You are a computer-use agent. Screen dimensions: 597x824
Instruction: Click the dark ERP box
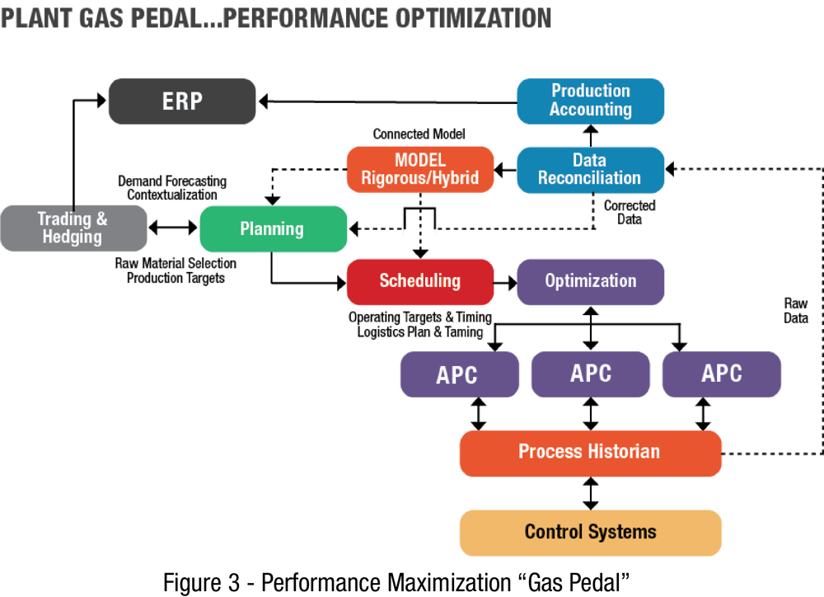[181, 101]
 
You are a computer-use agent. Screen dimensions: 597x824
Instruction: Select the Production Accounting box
[590, 101]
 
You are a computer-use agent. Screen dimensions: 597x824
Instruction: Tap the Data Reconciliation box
[590, 170]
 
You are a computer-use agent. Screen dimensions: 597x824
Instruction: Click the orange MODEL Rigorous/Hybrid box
[420, 169]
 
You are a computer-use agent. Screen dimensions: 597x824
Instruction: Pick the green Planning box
[272, 228]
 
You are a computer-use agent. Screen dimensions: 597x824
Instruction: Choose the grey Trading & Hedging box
[73, 228]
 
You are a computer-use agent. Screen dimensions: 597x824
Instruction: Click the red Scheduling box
[419, 281]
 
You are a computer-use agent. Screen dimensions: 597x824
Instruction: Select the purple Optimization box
[590, 281]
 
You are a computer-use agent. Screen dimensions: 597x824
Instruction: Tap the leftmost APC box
[456, 374]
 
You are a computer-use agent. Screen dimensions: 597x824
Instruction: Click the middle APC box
[590, 374]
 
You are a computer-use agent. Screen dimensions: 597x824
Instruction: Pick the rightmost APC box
[721, 374]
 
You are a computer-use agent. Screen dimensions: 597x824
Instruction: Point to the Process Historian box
[590, 453]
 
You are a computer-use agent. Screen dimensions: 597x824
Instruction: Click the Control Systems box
[590, 532]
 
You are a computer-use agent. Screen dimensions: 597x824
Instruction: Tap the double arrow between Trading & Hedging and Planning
[173, 228]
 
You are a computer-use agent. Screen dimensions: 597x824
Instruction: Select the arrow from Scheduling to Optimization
[505, 281]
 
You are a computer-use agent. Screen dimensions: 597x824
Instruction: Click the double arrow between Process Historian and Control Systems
[590, 493]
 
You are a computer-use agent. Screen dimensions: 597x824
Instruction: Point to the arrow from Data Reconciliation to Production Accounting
[590, 135]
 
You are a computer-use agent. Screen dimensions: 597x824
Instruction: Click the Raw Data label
[796, 311]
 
